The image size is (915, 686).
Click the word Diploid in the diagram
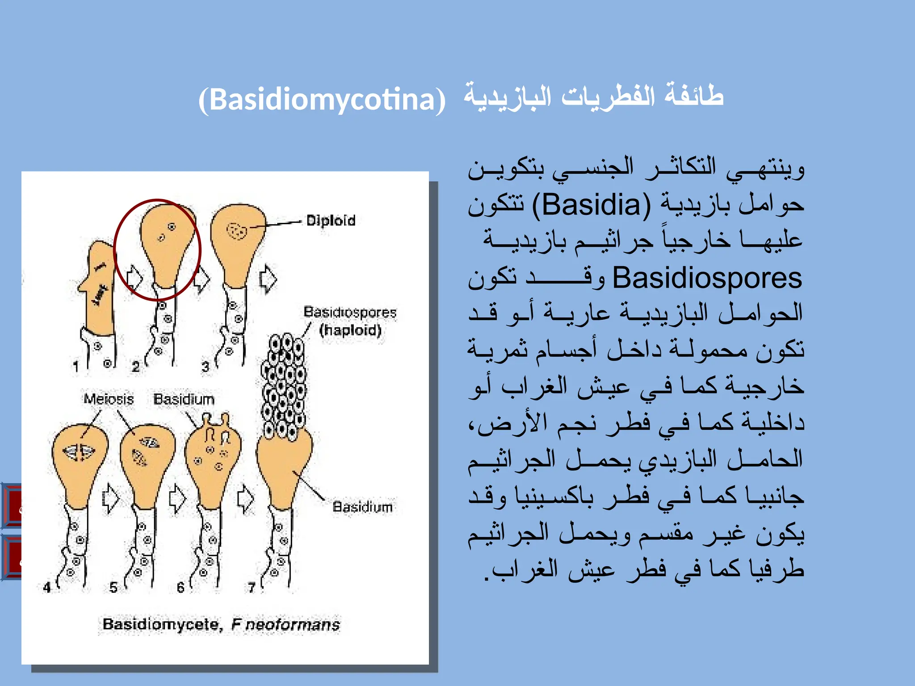[x=331, y=220]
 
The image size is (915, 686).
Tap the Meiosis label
[x=109, y=398]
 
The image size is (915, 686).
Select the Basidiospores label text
[x=350, y=312]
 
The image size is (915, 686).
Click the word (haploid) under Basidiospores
[x=350, y=330]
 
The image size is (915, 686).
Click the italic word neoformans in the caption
[x=293, y=624]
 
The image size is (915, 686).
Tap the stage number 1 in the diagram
[x=76, y=367]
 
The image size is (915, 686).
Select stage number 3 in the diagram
[x=205, y=367]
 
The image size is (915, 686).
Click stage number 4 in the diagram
[x=47, y=587]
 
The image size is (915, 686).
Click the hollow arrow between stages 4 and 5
[x=110, y=498]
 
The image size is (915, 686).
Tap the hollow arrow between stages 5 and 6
[x=177, y=498]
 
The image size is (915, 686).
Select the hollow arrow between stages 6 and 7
[x=245, y=498]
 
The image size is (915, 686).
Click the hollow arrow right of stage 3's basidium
[x=268, y=279]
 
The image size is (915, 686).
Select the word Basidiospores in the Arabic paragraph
[x=707, y=278]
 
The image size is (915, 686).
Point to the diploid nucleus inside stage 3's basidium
[x=237, y=231]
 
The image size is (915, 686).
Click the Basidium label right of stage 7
[x=362, y=507]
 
